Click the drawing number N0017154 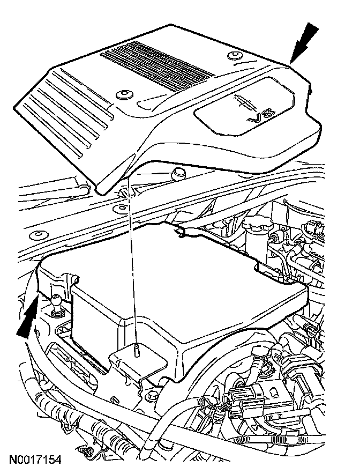tap(35, 460)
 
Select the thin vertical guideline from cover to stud tap(132, 268)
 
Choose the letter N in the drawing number tap(12, 460)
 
